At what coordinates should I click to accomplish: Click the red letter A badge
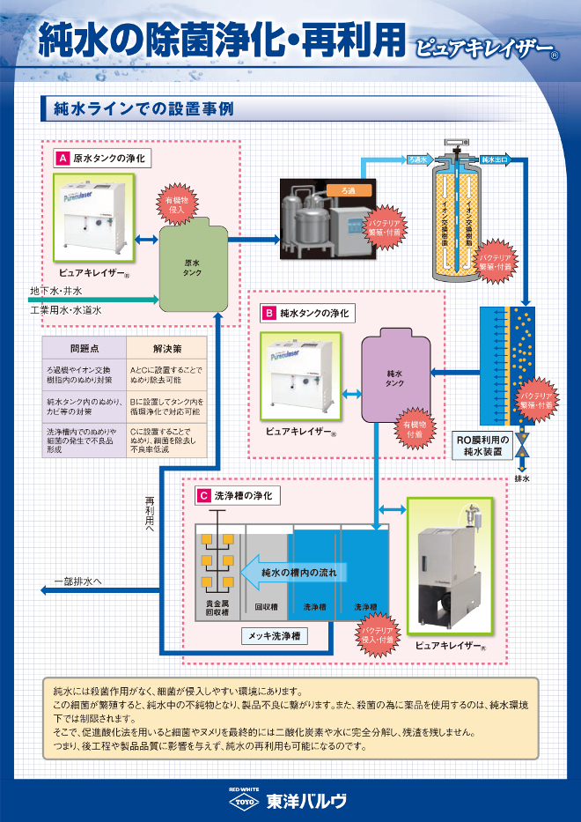[x=63, y=159]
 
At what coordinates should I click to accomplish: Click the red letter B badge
[x=268, y=313]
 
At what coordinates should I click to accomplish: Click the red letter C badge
[x=203, y=496]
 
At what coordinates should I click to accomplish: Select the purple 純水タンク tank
[x=395, y=378]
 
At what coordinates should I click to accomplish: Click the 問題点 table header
[x=85, y=348]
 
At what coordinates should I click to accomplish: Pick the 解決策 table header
[x=166, y=348]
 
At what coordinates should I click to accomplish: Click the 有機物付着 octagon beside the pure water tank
[x=413, y=429]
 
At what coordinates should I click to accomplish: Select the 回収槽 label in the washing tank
[x=266, y=607]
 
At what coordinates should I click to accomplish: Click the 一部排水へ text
[x=78, y=581]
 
